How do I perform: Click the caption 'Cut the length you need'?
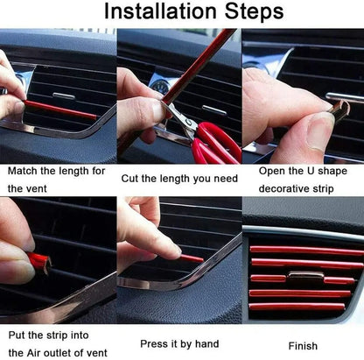pyautogui.click(x=180, y=179)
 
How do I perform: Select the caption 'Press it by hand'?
pyautogui.click(x=179, y=343)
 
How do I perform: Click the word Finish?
pyautogui.click(x=303, y=346)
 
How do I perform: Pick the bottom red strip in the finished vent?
pyautogui.click(x=297, y=307)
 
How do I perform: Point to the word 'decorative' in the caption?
pyautogui.click(x=288, y=188)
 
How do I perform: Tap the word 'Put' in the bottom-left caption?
pyautogui.click(x=17, y=335)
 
